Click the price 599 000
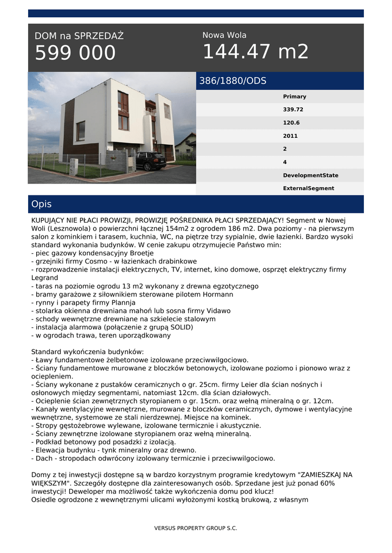click(x=75, y=53)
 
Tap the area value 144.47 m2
click(x=255, y=52)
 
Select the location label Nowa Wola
click(x=224, y=35)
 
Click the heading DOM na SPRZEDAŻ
click(x=79, y=36)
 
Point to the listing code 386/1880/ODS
click(x=232, y=81)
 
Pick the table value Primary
click(x=294, y=97)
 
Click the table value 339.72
click(x=293, y=110)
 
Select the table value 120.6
click(x=291, y=123)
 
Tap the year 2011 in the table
click(x=290, y=136)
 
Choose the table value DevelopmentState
click(x=310, y=176)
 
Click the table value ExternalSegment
click(x=308, y=188)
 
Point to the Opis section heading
click(x=42, y=204)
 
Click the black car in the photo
click(x=151, y=160)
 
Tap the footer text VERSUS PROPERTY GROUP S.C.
click(x=196, y=528)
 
